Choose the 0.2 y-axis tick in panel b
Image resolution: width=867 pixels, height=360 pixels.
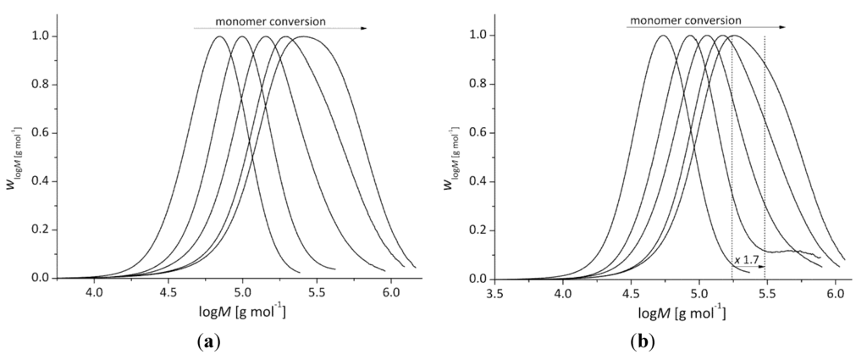point(477,230)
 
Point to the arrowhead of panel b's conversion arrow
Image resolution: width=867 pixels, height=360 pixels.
point(782,27)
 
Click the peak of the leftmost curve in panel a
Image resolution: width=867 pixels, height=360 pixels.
point(219,36)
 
